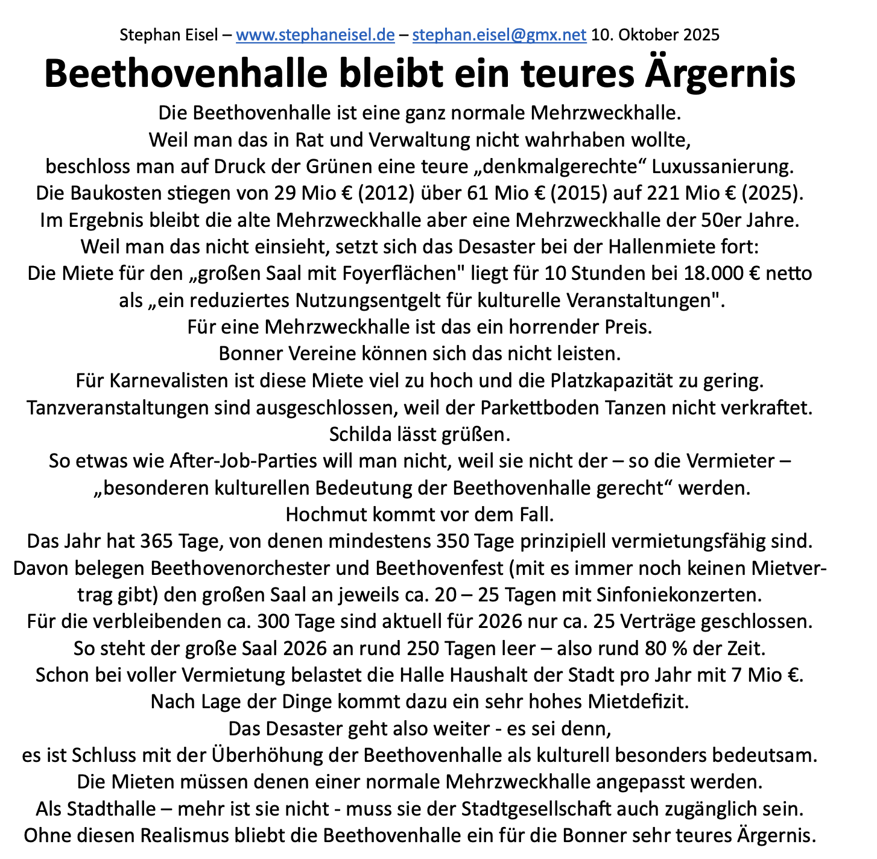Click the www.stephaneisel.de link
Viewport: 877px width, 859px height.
315,35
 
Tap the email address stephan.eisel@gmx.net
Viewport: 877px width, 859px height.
499,35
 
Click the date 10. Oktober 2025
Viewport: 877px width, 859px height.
655,35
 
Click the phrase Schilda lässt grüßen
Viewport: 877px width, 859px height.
420,434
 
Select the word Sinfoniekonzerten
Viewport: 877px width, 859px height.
678,595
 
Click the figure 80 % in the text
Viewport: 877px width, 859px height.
662,648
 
